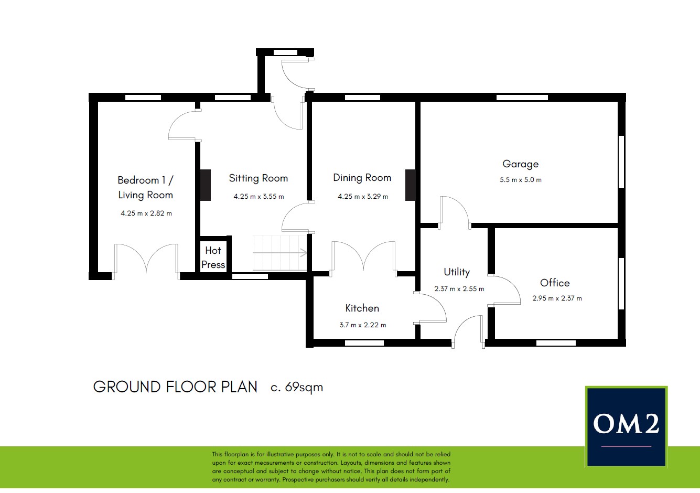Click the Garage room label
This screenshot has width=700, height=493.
[520, 164]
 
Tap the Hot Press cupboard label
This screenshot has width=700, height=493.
[213, 258]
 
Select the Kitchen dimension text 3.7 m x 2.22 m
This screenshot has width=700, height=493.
[363, 325]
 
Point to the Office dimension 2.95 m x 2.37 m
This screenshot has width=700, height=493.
[557, 298]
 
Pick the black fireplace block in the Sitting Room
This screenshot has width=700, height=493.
[206, 185]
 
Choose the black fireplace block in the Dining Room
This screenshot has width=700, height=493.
[411, 185]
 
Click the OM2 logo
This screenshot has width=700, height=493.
[626, 427]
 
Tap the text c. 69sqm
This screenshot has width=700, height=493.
[297, 388]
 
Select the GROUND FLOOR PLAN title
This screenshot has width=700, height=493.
[175, 387]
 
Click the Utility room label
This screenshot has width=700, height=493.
[457, 272]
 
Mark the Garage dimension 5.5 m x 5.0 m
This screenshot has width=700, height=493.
[520, 180]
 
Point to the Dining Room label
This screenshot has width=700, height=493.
[362, 178]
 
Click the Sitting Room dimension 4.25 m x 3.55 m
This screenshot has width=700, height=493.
[259, 197]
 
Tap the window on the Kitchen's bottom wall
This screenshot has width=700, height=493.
[364, 343]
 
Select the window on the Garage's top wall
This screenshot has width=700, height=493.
[522, 98]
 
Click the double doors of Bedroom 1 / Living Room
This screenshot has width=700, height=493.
[146, 261]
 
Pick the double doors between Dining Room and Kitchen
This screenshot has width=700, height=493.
[364, 258]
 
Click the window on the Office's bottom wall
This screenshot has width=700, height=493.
[556, 343]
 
